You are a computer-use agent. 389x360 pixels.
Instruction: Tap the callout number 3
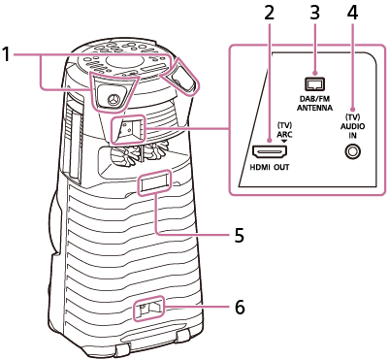click(313, 13)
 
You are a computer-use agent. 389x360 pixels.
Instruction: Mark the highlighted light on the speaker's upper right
click(181, 76)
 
